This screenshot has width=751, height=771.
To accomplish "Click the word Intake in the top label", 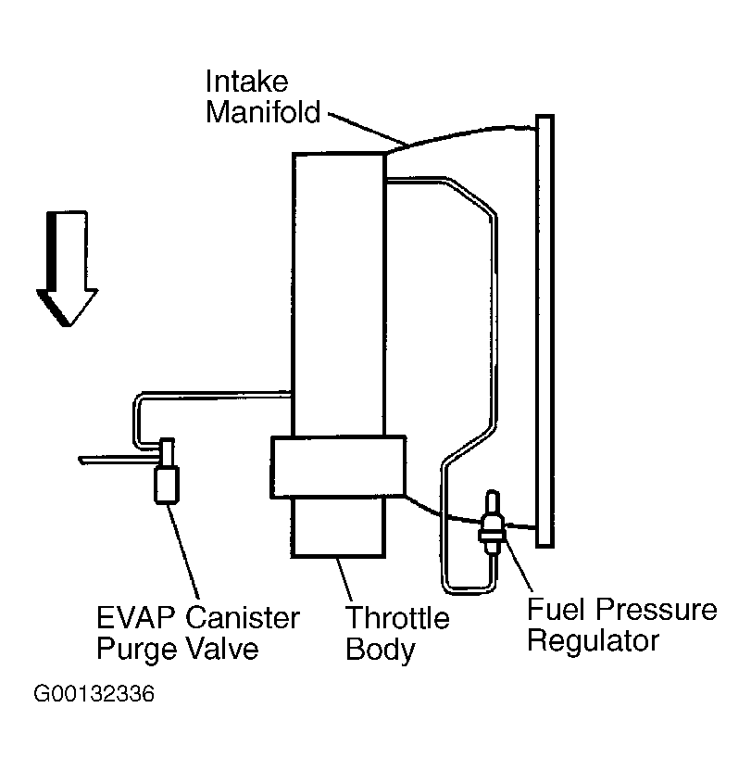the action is (x=246, y=82).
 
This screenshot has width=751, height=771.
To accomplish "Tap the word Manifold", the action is (x=263, y=112).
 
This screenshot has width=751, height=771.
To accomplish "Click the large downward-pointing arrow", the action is (x=68, y=269).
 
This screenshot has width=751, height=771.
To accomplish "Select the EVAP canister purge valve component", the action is (x=167, y=471).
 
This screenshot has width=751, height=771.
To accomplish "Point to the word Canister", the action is (x=243, y=618).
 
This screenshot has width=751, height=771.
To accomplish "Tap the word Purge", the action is (x=137, y=650).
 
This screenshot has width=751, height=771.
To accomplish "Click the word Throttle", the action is (x=397, y=618).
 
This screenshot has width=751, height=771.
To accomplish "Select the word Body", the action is (x=381, y=651).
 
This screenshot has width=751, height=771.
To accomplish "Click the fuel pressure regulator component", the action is (x=493, y=523).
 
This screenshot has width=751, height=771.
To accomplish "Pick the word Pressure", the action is (x=657, y=610).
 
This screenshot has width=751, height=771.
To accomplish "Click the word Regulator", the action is (x=594, y=641).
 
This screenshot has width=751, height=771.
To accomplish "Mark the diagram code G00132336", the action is (x=94, y=694).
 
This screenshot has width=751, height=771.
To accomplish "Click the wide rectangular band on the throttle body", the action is (x=339, y=467).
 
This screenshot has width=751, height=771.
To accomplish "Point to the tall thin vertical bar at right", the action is (x=545, y=331).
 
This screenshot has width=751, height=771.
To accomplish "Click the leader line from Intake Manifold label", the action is (x=369, y=129).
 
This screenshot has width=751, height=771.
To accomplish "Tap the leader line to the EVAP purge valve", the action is (x=182, y=551).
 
